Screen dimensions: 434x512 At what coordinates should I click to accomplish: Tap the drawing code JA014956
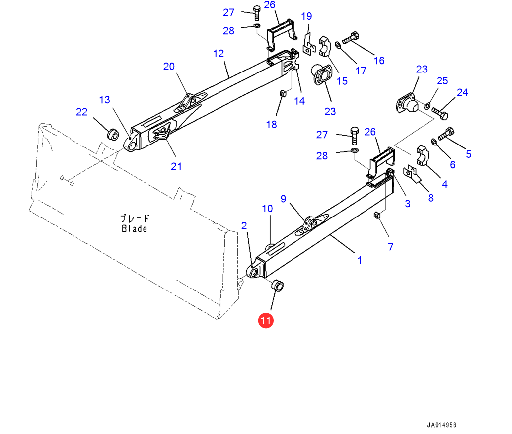pos(441,426)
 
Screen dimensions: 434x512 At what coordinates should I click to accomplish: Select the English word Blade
pos(135,229)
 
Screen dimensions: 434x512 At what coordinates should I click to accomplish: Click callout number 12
pos(219,54)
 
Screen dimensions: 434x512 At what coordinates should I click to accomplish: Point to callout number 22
pos(81,112)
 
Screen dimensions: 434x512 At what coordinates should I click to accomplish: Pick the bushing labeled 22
pos(113,134)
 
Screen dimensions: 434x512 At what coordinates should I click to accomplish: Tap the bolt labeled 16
pos(351,37)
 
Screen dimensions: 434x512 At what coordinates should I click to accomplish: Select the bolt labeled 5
pos(446,134)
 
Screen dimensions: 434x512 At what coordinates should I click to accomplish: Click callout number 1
pos(360,260)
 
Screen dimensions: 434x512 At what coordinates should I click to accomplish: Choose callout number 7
pos(390,246)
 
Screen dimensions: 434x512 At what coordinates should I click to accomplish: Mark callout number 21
pos(176,166)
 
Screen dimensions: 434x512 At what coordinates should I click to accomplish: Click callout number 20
pos(169,66)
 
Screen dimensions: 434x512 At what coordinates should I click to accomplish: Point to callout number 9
pos(283,199)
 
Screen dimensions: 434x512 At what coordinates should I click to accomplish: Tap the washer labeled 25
pos(427,105)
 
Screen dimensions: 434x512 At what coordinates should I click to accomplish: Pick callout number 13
pos(104,100)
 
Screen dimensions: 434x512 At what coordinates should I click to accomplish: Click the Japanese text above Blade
pos(135,218)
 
